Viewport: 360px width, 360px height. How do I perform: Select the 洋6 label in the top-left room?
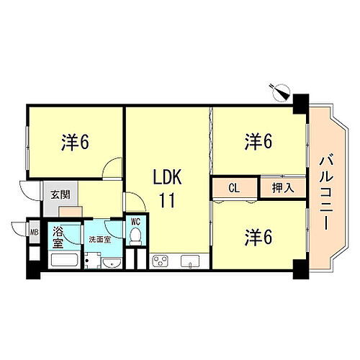(x=74, y=142)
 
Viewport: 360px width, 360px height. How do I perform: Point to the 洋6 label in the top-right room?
(x=257, y=141)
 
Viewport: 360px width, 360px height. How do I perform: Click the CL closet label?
(x=234, y=188)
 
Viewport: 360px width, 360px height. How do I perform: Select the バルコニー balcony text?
(x=323, y=190)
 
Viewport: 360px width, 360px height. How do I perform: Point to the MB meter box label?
(x=34, y=232)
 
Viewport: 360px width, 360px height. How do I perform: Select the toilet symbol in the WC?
(x=135, y=238)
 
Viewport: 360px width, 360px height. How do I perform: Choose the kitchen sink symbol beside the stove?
(x=192, y=260)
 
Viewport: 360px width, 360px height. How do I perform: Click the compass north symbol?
(x=279, y=91)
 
